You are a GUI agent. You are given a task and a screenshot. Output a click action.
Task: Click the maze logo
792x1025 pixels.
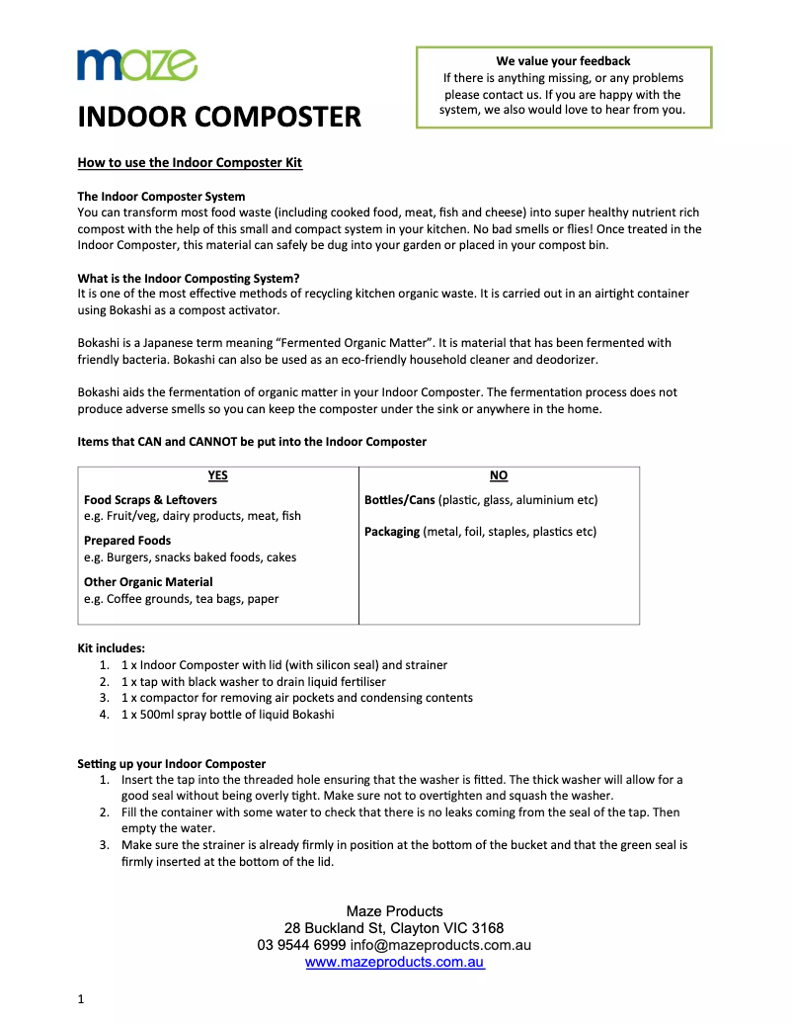tap(137, 65)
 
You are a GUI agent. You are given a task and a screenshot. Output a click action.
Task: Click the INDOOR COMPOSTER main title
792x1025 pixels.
tap(219, 117)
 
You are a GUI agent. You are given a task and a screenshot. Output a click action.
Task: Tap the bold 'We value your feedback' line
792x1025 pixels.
tap(563, 61)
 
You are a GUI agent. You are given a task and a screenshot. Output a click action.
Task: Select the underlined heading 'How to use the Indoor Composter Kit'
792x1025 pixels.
tap(190, 162)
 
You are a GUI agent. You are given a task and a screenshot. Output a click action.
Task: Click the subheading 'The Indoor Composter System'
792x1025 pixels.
tap(161, 196)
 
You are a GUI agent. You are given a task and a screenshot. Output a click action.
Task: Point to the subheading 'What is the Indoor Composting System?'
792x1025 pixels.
tap(188, 278)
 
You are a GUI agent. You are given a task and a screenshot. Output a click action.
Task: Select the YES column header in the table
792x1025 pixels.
tap(218, 475)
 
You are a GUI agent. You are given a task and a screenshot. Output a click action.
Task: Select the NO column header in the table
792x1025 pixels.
tap(499, 475)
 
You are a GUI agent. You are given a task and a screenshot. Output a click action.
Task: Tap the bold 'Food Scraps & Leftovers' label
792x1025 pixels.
tap(150, 500)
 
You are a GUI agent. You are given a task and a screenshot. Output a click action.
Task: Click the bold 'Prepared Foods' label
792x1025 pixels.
tap(127, 541)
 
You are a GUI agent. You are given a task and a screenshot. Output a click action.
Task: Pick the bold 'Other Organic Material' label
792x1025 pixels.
tap(148, 582)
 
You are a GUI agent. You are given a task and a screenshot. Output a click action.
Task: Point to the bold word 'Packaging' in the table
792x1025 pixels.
tap(392, 532)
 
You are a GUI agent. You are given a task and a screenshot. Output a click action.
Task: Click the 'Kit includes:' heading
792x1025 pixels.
tap(112, 648)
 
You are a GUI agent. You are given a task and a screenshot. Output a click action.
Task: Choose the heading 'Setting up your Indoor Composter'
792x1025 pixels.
tap(172, 763)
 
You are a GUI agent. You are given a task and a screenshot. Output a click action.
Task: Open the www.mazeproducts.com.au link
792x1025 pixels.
tap(394, 962)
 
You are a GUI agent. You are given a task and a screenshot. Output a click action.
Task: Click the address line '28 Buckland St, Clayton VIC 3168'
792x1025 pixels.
tap(394, 928)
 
